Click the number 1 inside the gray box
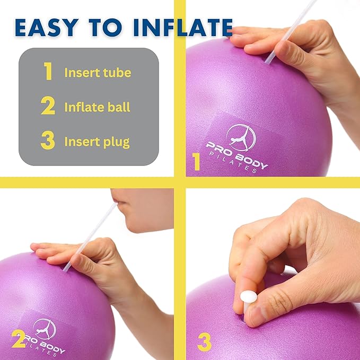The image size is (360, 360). click(48, 72)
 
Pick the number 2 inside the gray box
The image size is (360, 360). click(48, 107)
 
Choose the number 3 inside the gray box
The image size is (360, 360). click(48, 142)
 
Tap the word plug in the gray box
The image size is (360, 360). click(118, 142)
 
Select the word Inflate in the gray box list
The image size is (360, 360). click(82, 107)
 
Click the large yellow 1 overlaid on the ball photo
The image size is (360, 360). click(196, 162)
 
